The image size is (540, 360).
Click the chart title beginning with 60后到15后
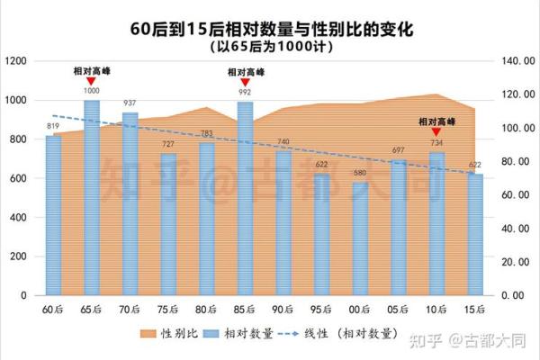(270, 29)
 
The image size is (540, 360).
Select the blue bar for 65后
(92, 198)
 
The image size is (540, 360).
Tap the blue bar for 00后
(360, 238)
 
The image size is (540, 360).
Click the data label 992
(245, 91)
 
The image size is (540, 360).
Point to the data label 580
(360, 173)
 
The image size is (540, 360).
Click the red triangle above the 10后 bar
(437, 131)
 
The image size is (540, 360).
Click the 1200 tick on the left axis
(18, 61)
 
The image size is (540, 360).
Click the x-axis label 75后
(168, 310)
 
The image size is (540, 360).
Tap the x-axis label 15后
(475, 310)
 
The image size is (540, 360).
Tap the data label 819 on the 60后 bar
(53, 126)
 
